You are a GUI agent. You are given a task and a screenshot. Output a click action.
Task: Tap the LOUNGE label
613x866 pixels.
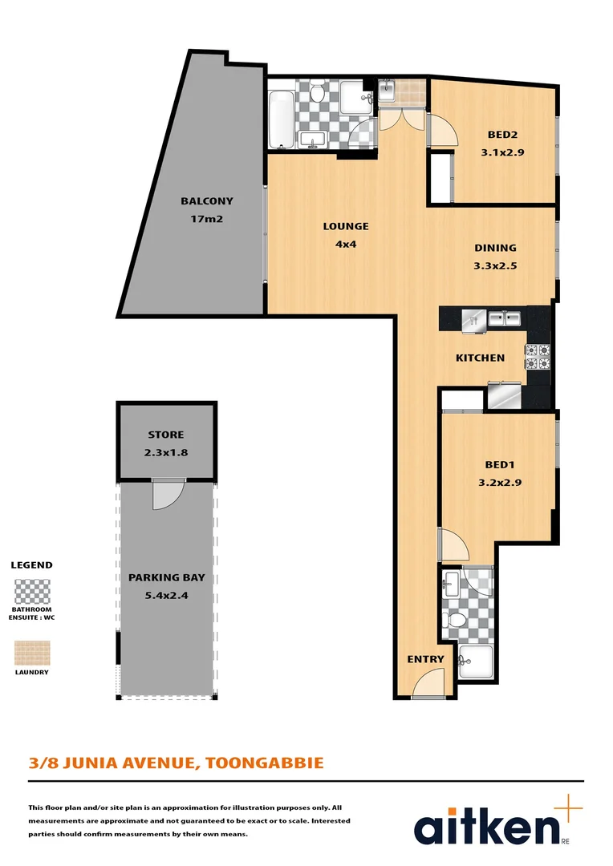346,226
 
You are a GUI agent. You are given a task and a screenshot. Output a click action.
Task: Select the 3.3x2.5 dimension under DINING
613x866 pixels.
495,269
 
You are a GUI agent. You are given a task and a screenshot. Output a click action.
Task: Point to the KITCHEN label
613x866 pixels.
480,358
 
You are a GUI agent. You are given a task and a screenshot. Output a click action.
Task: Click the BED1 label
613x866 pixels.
500,464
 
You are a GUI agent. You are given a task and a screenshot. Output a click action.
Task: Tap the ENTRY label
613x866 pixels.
425,659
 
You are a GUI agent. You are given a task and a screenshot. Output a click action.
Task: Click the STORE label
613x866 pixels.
165,435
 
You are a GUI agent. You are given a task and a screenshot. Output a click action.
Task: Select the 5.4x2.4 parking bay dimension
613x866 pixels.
165,596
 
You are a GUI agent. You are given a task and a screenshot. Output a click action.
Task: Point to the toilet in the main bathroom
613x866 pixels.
318,95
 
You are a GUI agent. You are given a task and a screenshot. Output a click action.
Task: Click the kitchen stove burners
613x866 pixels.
537,356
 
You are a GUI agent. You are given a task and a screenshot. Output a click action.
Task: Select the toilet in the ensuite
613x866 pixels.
454,620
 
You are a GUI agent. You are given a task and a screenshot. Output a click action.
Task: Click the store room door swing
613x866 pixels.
166,495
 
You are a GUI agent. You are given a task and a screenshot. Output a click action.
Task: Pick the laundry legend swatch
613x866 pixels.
32,652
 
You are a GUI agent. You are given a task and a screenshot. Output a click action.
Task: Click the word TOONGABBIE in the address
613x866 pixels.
265,762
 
